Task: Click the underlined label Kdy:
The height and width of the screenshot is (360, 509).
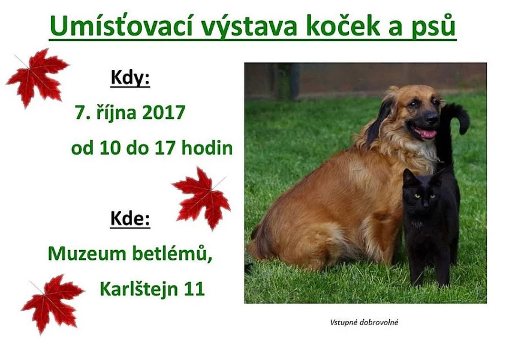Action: [130, 79]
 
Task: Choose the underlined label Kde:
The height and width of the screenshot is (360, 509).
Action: [130, 219]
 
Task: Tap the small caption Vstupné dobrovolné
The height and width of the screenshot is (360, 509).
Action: [365, 322]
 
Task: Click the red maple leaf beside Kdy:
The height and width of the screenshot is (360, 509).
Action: [37, 76]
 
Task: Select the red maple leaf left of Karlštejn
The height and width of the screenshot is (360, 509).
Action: [52, 302]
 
